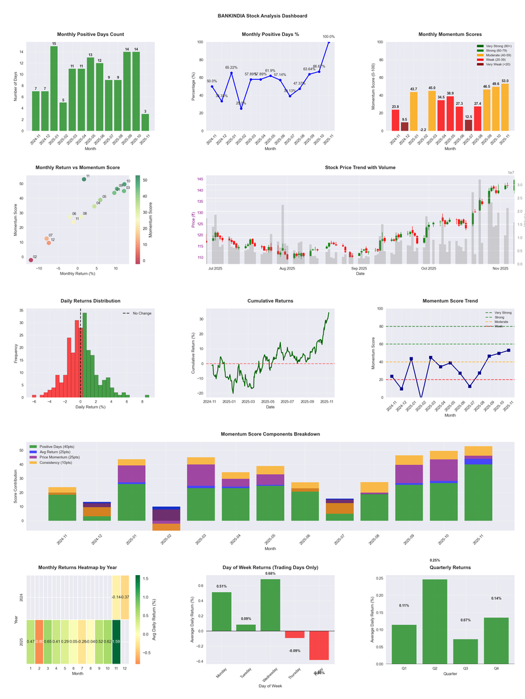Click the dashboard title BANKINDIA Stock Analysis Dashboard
coord(262,16)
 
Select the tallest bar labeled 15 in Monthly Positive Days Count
coord(54,89)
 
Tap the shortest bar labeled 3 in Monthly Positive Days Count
coord(146,122)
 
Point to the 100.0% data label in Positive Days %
coord(328,37)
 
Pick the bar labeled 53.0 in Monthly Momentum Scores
coord(505,107)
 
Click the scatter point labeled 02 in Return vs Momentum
coord(31,260)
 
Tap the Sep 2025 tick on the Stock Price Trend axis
coord(359,268)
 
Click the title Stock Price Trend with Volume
coord(360,167)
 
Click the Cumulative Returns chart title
coord(270,301)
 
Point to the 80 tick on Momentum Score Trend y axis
coord(381,326)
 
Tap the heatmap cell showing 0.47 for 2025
coord(31,641)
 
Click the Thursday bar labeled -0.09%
coord(295,634)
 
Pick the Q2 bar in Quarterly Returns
coord(435,621)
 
